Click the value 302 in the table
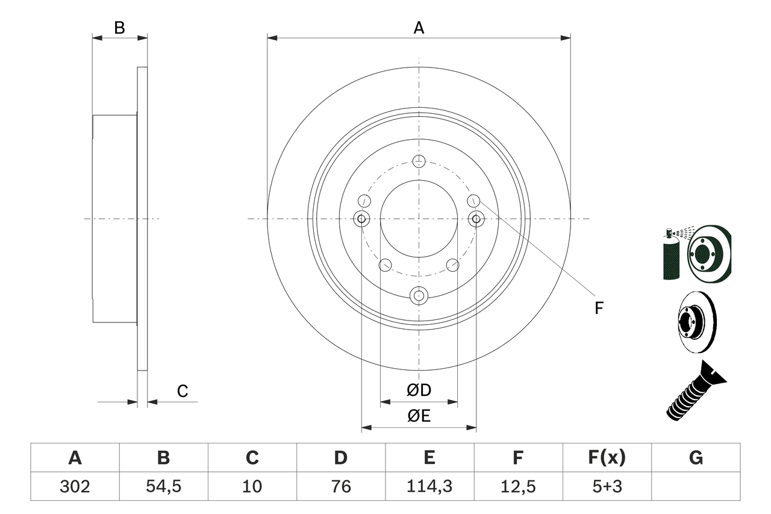tap(75, 486)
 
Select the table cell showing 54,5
tap(163, 486)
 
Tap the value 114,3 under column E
tap(429, 486)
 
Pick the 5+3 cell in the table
tap(606, 486)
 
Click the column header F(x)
tap(606, 458)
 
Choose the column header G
tap(696, 458)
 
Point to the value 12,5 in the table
tap(517, 486)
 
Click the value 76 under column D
tap(340, 486)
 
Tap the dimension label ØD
tap(419, 390)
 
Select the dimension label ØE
tap(419, 416)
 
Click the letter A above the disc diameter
tap(419, 28)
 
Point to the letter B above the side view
tap(119, 28)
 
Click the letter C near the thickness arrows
tap(183, 392)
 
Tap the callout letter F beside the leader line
tap(599, 309)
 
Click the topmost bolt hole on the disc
tap(419, 160)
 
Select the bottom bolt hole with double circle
tap(419, 295)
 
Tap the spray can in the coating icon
tap(670, 256)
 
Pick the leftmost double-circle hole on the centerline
tap(361, 219)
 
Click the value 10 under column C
tap(252, 486)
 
